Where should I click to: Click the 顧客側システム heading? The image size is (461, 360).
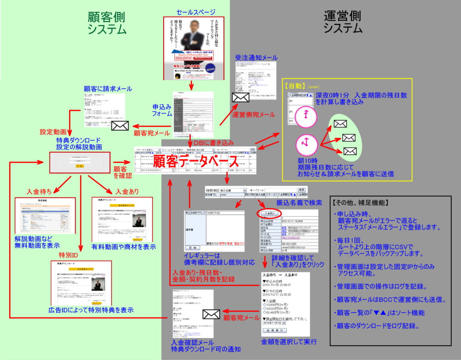(107, 23)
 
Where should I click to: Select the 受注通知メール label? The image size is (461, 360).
(256, 58)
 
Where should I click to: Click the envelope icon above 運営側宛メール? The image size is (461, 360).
(241, 98)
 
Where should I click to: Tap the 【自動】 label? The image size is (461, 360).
(299, 86)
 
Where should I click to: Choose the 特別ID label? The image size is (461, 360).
(68, 255)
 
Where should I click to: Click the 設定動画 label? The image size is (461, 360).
(53, 131)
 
